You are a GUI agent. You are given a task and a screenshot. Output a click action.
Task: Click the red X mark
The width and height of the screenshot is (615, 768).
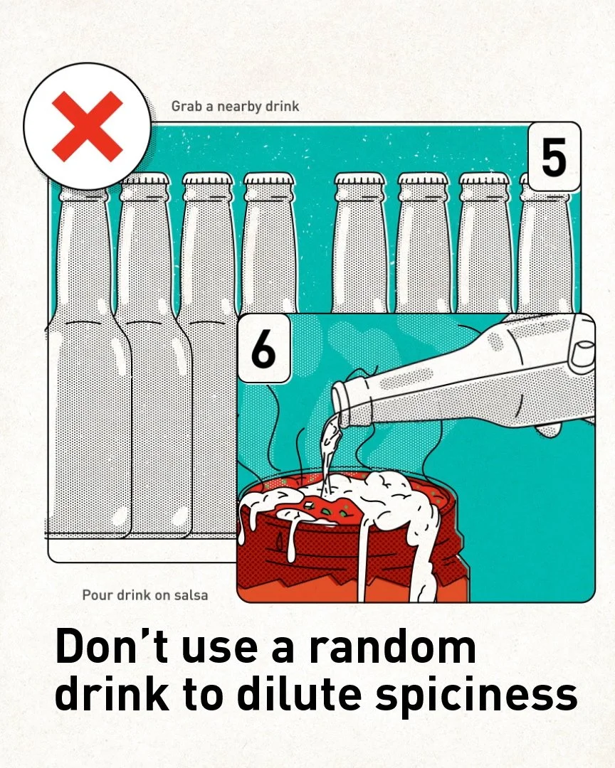pyautogui.click(x=88, y=127)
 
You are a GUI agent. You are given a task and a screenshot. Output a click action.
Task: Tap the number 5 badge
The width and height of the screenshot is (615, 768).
pyautogui.click(x=554, y=157)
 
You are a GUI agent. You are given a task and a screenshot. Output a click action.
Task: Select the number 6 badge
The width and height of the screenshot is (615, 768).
pyautogui.click(x=264, y=348)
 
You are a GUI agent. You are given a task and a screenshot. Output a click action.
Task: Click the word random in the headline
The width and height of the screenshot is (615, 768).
pyautogui.click(x=392, y=646)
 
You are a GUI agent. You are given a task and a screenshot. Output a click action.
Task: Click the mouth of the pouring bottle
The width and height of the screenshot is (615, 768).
pyautogui.click(x=342, y=404)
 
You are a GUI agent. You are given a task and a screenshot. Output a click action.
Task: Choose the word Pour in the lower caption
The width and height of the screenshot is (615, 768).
pyautogui.click(x=97, y=595)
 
